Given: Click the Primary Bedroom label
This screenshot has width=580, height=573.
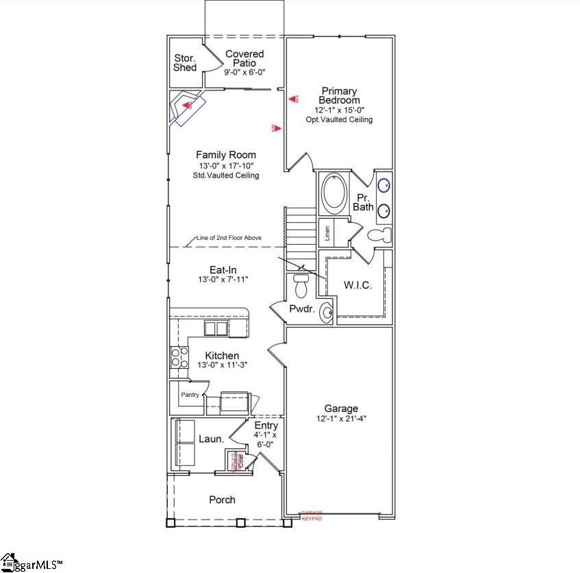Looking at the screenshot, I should (x=339, y=95).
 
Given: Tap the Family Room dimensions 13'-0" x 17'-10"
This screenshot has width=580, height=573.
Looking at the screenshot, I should (x=226, y=166).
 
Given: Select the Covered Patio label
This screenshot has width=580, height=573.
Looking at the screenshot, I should (x=244, y=58).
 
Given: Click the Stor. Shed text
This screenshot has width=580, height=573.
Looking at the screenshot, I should (x=185, y=62).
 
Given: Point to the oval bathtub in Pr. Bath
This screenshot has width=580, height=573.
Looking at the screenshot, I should (x=335, y=194).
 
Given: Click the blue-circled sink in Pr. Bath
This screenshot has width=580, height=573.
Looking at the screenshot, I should (x=385, y=184).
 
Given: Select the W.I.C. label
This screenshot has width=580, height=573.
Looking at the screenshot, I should (x=357, y=285).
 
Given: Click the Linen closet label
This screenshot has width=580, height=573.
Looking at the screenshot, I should (x=328, y=234).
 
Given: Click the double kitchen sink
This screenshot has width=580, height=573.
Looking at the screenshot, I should (x=216, y=328).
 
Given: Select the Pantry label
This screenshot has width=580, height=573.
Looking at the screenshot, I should (x=190, y=395).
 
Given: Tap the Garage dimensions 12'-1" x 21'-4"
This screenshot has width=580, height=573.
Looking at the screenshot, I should (x=342, y=419).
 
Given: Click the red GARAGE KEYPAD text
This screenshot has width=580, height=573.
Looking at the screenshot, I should (x=312, y=515).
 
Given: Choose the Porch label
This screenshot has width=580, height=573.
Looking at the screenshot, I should (x=222, y=500).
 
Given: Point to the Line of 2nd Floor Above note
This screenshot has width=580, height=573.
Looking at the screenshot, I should (x=229, y=238).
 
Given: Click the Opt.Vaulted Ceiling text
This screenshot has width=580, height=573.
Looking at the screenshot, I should (x=339, y=119).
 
